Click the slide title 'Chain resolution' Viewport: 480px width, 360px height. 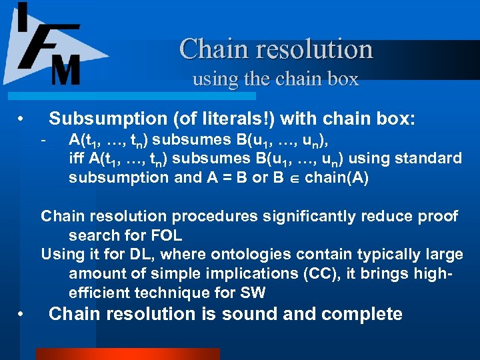(x=276, y=49)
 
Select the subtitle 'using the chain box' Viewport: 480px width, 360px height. (x=275, y=79)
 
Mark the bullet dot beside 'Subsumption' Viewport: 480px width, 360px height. (x=21, y=120)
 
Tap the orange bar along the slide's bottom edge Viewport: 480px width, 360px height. (x=127, y=354)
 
